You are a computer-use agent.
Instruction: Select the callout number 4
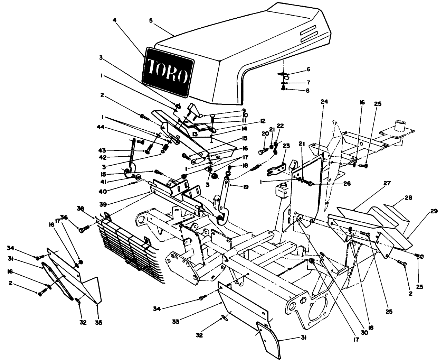(115, 20)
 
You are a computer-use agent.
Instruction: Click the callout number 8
(307, 90)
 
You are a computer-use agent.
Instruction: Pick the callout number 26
(347, 184)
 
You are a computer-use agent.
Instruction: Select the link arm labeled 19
(223, 197)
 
